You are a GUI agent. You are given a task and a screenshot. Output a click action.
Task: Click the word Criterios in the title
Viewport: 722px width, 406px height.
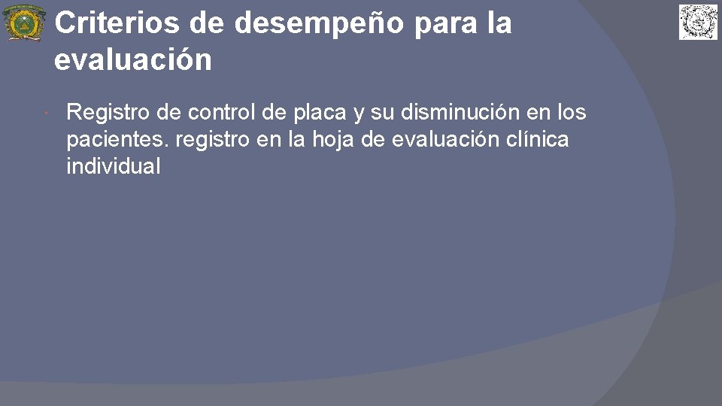(117, 23)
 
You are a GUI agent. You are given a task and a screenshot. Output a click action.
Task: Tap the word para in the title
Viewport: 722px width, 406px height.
(436, 23)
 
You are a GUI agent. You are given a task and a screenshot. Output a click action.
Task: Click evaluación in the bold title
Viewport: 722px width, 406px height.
(132, 60)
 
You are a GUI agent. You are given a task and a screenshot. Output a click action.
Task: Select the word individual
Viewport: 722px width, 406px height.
(114, 166)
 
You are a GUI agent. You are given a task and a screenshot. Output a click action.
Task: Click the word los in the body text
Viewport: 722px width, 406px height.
(572, 113)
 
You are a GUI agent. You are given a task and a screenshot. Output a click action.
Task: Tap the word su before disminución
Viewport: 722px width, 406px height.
(383, 113)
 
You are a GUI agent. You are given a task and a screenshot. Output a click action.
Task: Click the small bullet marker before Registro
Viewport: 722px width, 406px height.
(47, 114)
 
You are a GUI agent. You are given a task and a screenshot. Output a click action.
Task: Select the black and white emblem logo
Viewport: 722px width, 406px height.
(699, 22)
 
